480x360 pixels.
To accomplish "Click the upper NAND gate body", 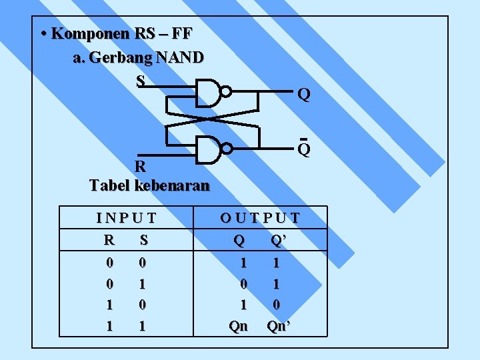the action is click(208, 93).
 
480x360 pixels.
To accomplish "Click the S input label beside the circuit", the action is click(140, 81).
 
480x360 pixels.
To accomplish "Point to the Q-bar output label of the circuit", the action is click(303, 149).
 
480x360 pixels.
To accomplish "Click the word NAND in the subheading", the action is click(180, 58).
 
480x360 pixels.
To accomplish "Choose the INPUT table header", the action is click(126, 217).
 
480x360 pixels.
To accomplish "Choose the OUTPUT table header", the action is click(260, 217).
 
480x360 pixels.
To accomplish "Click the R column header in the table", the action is click(109, 239).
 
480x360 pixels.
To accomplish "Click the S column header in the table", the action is click(141, 239).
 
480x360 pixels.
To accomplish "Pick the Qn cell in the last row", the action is click(238, 326).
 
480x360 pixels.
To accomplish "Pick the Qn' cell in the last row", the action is click(278, 326).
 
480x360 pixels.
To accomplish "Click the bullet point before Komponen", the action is click(43, 33).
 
